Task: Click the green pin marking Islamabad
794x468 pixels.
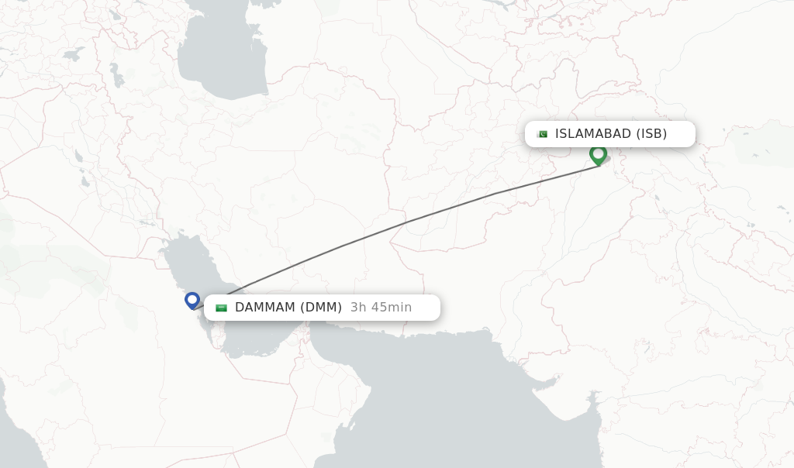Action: pyautogui.click(x=598, y=154)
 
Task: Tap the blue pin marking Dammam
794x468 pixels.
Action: pyautogui.click(x=192, y=300)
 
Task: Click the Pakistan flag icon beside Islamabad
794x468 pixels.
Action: pyautogui.click(x=542, y=134)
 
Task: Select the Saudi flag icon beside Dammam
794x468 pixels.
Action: pyautogui.click(x=221, y=308)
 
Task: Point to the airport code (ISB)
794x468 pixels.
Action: pyautogui.click(x=651, y=134)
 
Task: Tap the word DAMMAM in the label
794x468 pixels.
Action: pyautogui.click(x=265, y=308)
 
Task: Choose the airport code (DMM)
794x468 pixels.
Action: pyautogui.click(x=321, y=308)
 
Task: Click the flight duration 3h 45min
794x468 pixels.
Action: pyautogui.click(x=381, y=308)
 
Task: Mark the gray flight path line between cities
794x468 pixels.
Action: pyautogui.click(x=403, y=223)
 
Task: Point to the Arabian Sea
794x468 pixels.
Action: pyautogui.click(x=450, y=403)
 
